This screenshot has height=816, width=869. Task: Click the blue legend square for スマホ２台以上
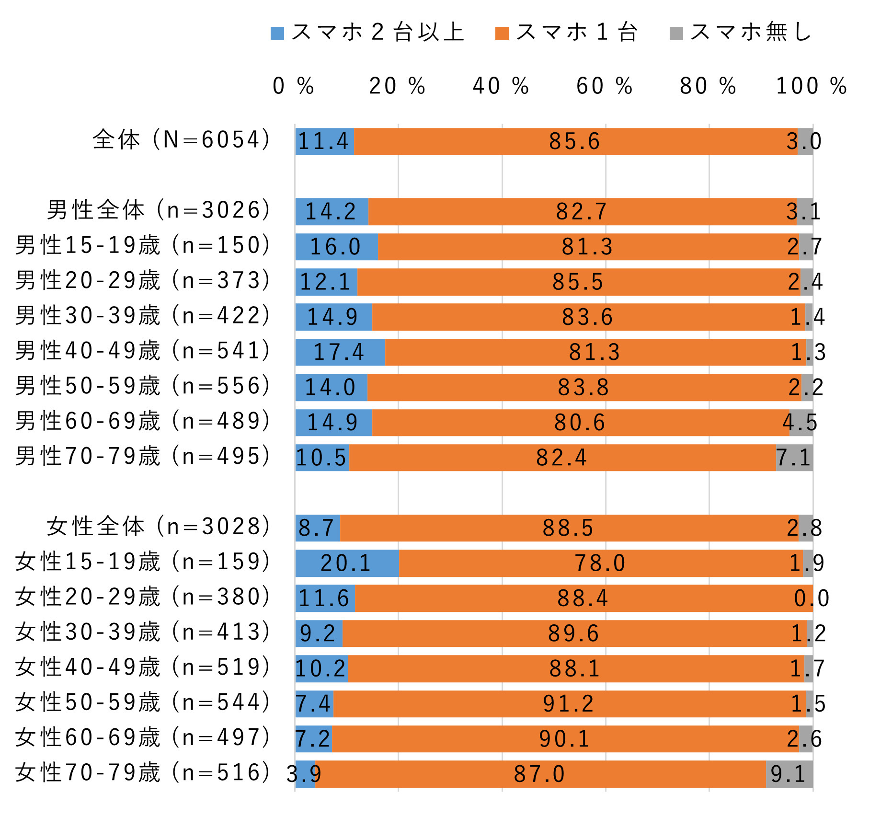[277, 34]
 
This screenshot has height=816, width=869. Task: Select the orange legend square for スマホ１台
[502, 34]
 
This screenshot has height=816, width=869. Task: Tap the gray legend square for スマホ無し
[676, 34]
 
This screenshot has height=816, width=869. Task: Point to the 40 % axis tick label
[501, 86]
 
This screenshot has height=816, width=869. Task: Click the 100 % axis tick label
[811, 86]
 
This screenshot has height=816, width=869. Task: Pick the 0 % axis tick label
[293, 86]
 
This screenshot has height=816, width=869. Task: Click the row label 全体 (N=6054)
[182, 140]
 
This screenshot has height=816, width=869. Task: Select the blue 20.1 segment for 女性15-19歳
[346, 563]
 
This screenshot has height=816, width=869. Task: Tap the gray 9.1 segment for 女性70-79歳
[789, 774]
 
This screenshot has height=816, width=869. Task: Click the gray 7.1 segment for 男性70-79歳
[794, 458]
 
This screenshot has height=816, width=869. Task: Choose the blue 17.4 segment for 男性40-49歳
[340, 352]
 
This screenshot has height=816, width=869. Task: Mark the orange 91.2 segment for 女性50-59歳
[569, 704]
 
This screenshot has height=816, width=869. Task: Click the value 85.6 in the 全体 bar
[574, 141]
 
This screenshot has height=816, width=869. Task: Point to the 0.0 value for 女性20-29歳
[811, 598]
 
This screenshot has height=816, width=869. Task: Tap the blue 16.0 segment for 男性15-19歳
[336, 247]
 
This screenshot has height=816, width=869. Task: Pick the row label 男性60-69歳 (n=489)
[143, 421]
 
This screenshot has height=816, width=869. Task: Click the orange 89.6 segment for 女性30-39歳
[573, 633]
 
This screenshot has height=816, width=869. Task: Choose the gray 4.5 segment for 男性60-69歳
[800, 423]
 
